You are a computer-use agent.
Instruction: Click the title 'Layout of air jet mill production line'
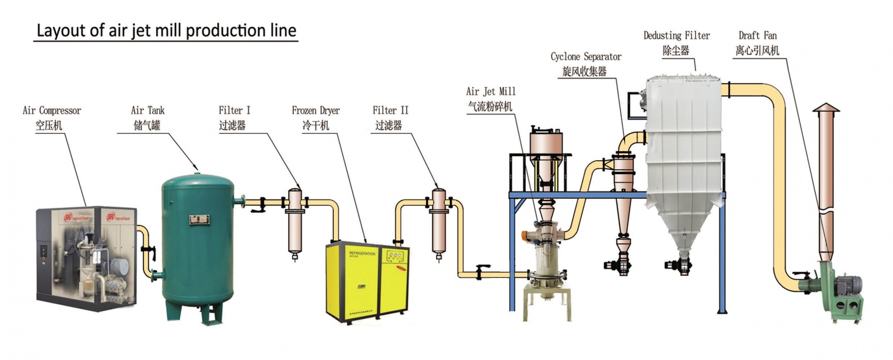tap(166, 30)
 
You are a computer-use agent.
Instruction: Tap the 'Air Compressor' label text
tap(51, 111)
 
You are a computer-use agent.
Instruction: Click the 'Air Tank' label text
tap(148, 111)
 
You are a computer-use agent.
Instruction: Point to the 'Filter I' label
tap(234, 111)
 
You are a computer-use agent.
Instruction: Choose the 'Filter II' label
tap(390, 111)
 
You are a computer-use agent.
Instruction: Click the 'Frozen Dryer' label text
tap(315, 111)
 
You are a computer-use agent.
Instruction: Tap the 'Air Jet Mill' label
tap(491, 92)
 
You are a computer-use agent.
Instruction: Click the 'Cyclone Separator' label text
tap(585, 56)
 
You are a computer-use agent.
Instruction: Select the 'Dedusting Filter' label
tap(676, 36)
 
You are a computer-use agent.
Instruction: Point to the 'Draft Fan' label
tap(757, 36)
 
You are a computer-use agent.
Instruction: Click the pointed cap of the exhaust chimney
tap(825, 108)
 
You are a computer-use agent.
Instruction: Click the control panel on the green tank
tap(198, 219)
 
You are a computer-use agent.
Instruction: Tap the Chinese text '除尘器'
tap(676, 51)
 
